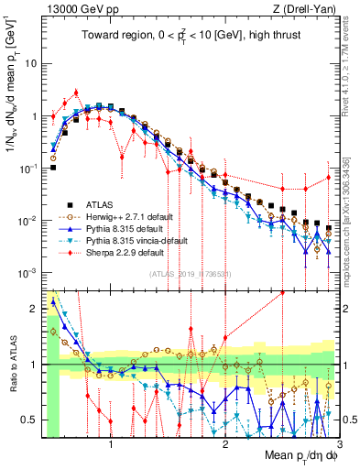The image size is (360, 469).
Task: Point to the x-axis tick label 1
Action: coord(112,444)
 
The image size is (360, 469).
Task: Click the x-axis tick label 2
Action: coord(225,444)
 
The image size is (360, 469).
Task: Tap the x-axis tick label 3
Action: coord(338,444)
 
